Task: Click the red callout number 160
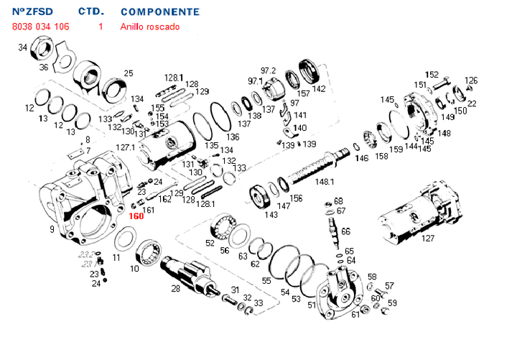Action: [x=136, y=216]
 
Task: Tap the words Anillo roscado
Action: [x=150, y=27]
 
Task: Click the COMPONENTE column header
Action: [x=160, y=12]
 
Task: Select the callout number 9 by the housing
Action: [x=52, y=229]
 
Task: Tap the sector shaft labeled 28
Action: [x=185, y=273]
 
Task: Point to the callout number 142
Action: [x=319, y=89]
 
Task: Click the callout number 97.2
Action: [x=268, y=70]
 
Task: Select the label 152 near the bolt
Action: [x=432, y=74]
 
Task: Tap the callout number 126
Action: [x=471, y=80]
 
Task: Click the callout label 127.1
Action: [x=125, y=147]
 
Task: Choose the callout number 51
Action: [x=312, y=305]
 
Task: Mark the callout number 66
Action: [x=345, y=231]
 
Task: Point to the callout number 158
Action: [x=381, y=156]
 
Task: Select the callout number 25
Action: [x=129, y=73]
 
